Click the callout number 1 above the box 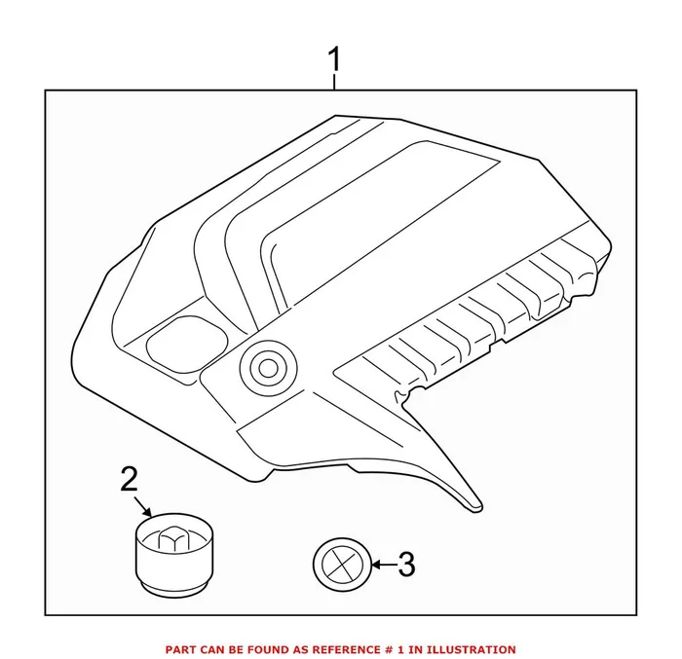[x=334, y=59]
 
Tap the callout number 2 [x=130, y=478]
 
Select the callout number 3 [x=406, y=563]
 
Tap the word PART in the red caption [x=181, y=649]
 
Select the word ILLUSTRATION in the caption [x=472, y=649]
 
